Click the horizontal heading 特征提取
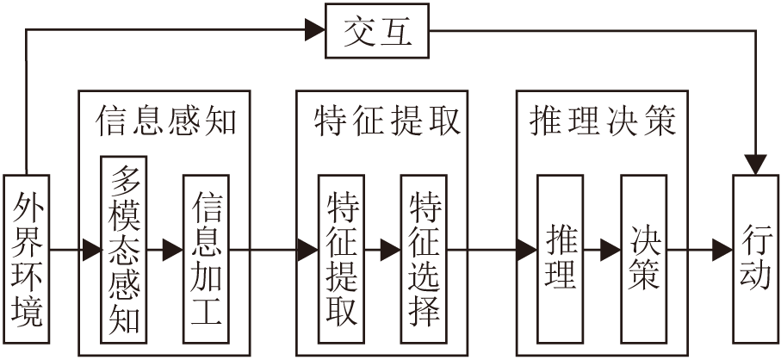[x=387, y=121]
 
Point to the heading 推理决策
[x=602, y=121]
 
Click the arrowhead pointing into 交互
[x=315, y=30]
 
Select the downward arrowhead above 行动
[x=755, y=164]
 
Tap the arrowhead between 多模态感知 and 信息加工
[x=173, y=250]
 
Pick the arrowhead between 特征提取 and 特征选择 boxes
[x=391, y=250]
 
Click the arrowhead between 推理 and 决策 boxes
[x=611, y=250]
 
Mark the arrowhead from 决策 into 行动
[x=722, y=250]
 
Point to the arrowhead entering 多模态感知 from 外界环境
[x=91, y=250]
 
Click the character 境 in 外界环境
[x=27, y=312]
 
